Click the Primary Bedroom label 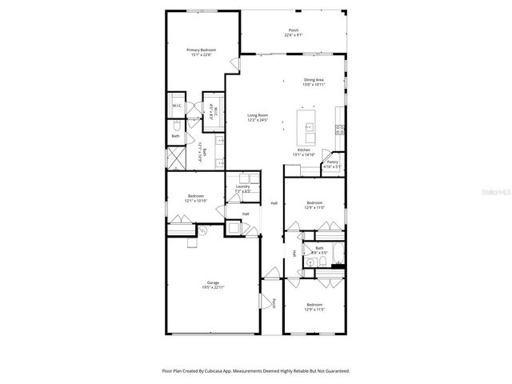(202, 50)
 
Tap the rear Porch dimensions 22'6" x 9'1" (294, 35)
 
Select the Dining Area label (313, 79)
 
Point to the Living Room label (257, 115)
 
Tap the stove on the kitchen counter (340, 130)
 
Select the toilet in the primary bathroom (176, 126)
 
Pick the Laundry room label (242, 186)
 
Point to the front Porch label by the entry (273, 303)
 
